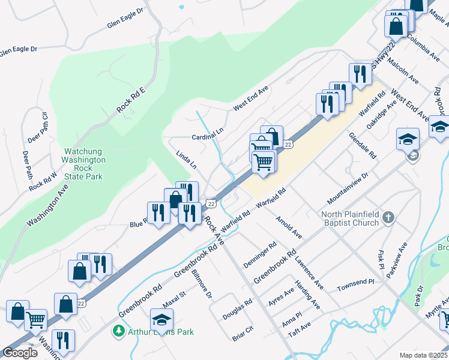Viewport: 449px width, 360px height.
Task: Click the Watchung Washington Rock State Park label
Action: point(84,164)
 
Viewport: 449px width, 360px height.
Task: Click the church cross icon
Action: point(388,217)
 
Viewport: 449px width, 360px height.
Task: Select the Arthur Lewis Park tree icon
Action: point(119,331)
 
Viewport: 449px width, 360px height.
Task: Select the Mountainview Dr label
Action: point(347,186)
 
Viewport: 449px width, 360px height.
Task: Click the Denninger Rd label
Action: point(259,255)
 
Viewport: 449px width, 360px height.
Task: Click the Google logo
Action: point(20,353)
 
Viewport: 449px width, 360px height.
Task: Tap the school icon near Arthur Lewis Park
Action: point(161,320)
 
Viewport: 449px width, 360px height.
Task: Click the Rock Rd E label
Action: point(131,100)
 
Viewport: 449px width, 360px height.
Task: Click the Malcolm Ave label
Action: point(403,69)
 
